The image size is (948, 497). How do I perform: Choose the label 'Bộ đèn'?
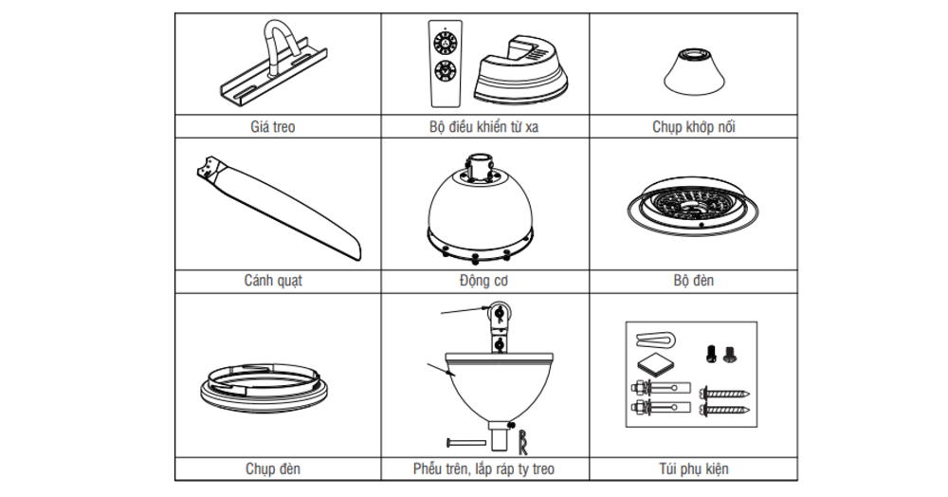(x=693, y=281)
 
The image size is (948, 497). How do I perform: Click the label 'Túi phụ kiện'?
(x=693, y=468)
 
